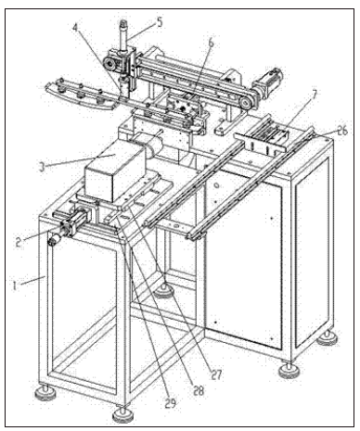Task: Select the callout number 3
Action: [43, 167]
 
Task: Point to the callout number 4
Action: [75, 27]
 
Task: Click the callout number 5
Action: [160, 22]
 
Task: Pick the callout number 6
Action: [211, 43]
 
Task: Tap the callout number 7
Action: [315, 95]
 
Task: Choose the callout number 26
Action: [342, 131]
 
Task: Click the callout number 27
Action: [216, 374]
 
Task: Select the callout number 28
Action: [199, 390]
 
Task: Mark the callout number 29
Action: [170, 403]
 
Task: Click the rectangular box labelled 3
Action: [115, 170]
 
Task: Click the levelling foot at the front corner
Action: [123, 415]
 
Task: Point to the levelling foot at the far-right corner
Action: [327, 338]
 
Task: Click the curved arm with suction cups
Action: [81, 95]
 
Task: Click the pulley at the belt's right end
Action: [246, 103]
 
